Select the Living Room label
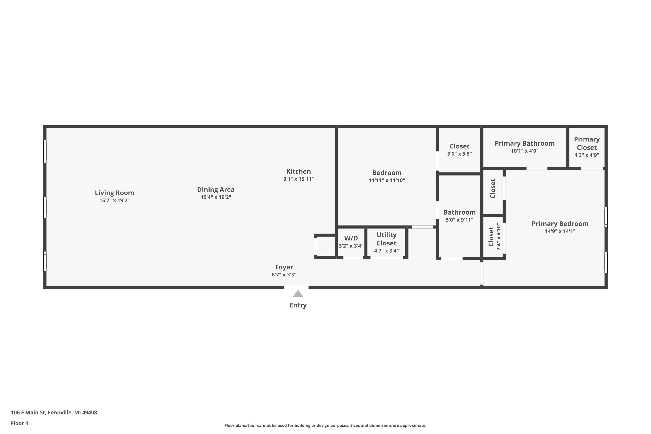point(114,193)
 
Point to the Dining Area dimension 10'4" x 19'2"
point(216,197)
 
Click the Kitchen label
point(298,171)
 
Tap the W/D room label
point(351,238)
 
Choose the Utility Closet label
point(386,239)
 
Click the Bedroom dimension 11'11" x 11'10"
point(387,180)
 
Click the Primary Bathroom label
point(524,143)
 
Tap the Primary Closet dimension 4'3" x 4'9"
point(587,155)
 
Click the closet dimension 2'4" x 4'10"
point(498,237)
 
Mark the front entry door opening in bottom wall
point(296,288)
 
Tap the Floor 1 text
point(19,423)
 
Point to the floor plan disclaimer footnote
point(325,425)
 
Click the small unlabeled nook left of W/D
point(326,246)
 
